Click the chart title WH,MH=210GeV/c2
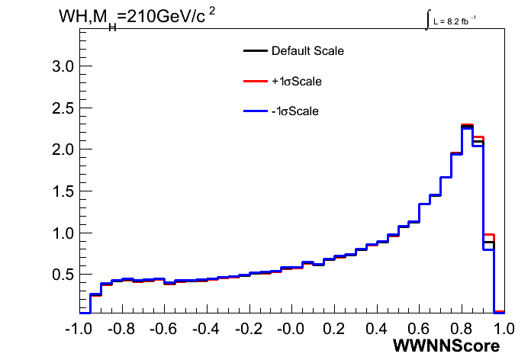[137, 18]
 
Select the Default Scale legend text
[307, 51]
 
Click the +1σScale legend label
[297, 82]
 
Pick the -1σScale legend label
[295, 111]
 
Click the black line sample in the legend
[256, 51]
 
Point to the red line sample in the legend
[256, 81]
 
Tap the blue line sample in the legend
[256, 111]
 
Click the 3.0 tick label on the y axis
[63, 66]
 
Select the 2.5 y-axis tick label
[63, 108]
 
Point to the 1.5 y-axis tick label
[63, 191]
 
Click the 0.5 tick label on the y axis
[63, 275]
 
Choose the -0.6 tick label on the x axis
[163, 329]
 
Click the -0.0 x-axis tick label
[291, 329]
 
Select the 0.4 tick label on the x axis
[377, 329]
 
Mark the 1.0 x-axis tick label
[504, 329]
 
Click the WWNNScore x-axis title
[446, 346]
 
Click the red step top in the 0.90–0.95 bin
[489, 235]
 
